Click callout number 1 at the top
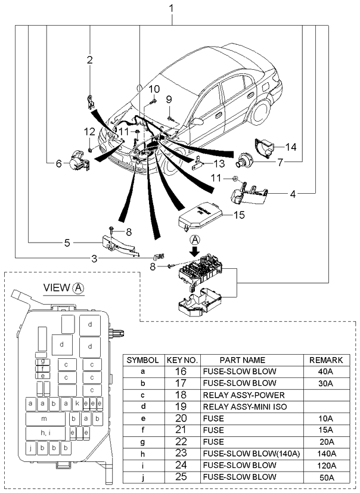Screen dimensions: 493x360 tap(172, 8)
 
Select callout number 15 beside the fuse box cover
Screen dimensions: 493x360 tap(238, 215)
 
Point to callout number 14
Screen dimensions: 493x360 tap(290, 147)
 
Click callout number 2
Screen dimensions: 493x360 tap(89, 60)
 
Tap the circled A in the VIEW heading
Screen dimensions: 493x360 tap(79, 288)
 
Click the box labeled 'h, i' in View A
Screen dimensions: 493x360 tap(45, 433)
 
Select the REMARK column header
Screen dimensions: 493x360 tap(325, 360)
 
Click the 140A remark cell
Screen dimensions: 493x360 tap(325, 454)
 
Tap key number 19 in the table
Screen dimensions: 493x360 tap(183, 407)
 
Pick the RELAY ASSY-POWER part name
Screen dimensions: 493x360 tap(243, 395)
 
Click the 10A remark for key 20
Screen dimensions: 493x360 tap(325, 419)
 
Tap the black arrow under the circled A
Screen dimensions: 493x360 tap(194, 251)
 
